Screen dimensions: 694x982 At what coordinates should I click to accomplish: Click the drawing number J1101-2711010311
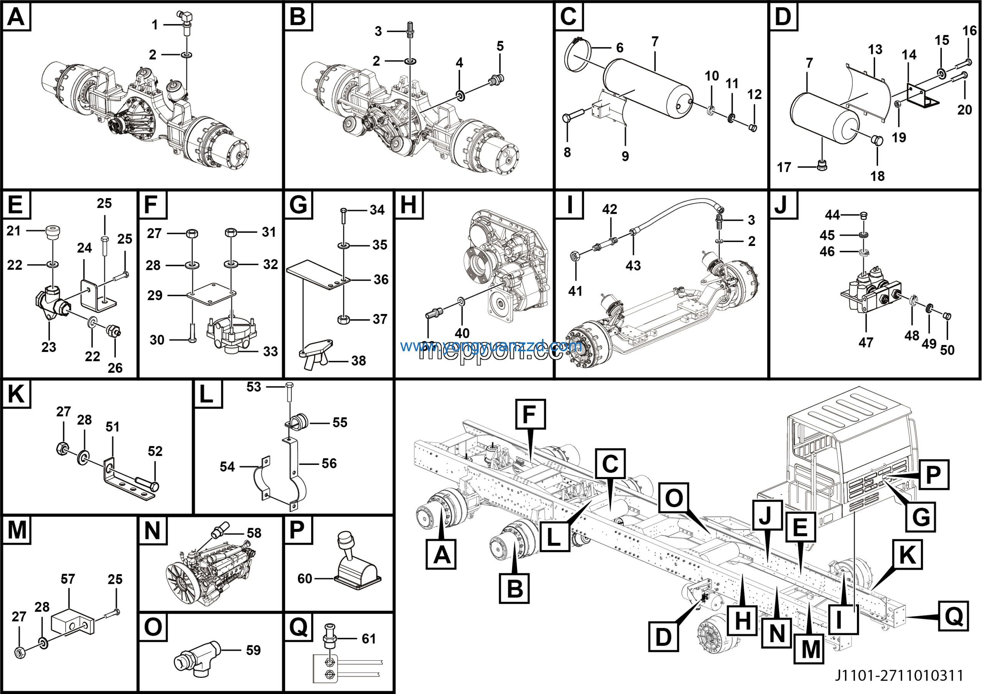coord(900,675)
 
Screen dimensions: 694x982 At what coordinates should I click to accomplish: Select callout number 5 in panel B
coord(500,46)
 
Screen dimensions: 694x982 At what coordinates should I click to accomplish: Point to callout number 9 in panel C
coord(625,156)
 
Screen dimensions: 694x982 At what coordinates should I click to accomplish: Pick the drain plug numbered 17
coord(822,165)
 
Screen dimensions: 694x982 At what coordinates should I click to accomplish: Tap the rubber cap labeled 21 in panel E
coord(53,232)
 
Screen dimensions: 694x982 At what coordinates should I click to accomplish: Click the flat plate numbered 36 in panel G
coord(318,276)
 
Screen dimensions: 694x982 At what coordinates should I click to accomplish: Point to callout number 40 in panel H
coord(462,333)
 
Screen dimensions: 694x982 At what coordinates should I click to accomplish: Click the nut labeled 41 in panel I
coord(575,257)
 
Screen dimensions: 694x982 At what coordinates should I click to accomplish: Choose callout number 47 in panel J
coord(866,342)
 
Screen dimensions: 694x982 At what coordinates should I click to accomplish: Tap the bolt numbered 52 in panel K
coord(147,484)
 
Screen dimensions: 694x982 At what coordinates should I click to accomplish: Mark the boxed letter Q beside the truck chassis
coord(953,616)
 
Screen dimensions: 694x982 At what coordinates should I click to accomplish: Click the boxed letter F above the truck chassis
coord(531,414)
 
